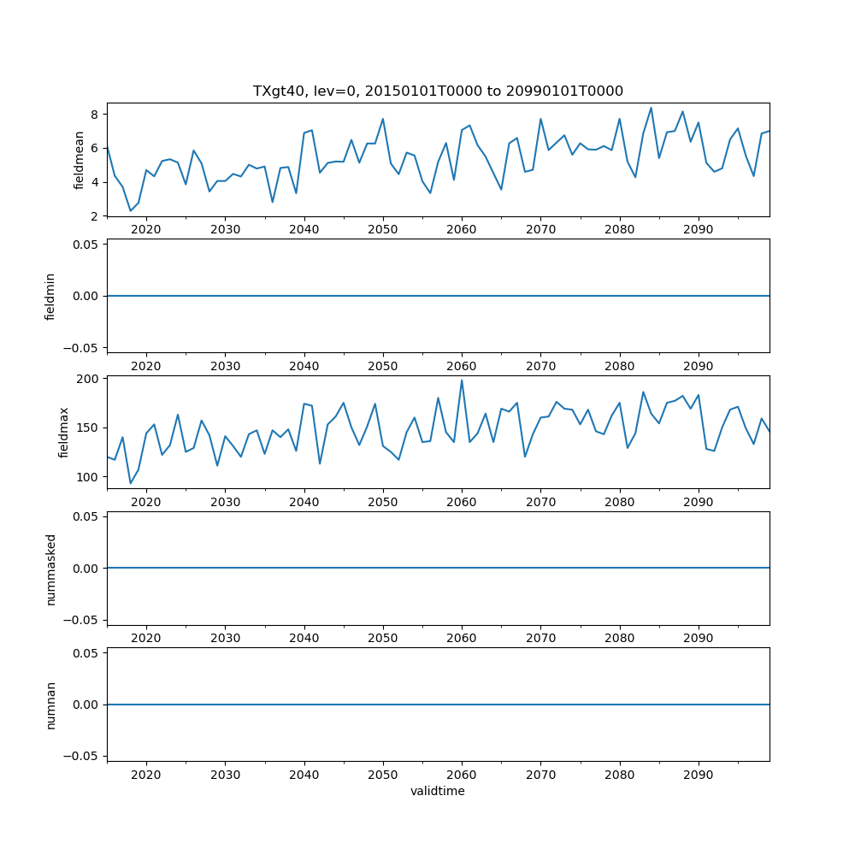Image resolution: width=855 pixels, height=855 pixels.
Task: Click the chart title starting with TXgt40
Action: pyautogui.click(x=438, y=91)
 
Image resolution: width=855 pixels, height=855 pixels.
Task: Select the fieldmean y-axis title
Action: pyautogui.click(x=80, y=160)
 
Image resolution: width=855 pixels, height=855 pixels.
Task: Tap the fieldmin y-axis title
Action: pyautogui.click(x=50, y=296)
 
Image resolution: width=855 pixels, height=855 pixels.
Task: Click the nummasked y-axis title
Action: pyautogui.click(x=50, y=569)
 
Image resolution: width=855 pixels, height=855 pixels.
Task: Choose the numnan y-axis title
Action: pyautogui.click(x=50, y=705)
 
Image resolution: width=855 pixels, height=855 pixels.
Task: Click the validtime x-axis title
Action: pyautogui.click(x=438, y=791)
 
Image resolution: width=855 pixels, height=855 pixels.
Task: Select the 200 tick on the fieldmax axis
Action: pyautogui.click(x=89, y=379)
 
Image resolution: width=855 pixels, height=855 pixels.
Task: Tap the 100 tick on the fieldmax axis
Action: pyautogui.click(x=89, y=477)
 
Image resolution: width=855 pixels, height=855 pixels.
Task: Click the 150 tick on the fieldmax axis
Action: pyautogui.click(x=89, y=427)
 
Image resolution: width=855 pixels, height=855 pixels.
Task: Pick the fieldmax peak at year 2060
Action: pyautogui.click(x=462, y=380)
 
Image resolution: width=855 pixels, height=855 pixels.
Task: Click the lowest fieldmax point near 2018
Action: pyautogui.click(x=131, y=483)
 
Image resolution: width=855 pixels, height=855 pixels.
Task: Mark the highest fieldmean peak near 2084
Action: pyautogui.click(x=651, y=108)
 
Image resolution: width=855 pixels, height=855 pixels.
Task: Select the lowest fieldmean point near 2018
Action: pyautogui.click(x=131, y=211)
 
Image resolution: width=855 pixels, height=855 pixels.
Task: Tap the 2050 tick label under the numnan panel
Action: pyautogui.click(x=383, y=775)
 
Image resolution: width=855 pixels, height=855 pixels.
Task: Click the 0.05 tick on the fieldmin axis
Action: pyautogui.click(x=85, y=245)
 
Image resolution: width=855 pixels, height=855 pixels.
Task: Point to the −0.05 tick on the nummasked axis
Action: pyautogui.click(x=82, y=620)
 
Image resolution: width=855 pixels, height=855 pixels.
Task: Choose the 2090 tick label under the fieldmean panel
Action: pyautogui.click(x=699, y=230)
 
